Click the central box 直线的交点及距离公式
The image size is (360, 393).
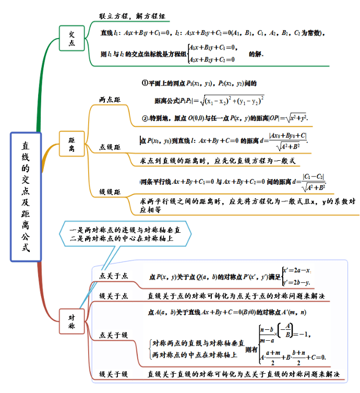click(x=26, y=196)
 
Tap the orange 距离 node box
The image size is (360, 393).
click(x=71, y=145)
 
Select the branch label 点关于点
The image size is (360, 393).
click(x=114, y=276)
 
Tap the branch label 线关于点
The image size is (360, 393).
click(x=114, y=296)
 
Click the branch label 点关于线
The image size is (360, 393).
click(x=114, y=335)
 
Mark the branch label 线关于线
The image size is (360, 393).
click(x=114, y=374)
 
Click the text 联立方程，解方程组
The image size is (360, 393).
click(x=133, y=16)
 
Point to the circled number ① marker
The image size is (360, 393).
click(x=145, y=83)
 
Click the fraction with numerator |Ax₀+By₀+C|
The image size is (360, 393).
click(x=287, y=141)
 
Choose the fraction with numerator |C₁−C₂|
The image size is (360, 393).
click(x=314, y=182)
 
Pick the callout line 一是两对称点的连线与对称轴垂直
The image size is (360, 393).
click(x=125, y=230)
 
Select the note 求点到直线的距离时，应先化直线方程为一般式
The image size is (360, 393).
click(x=219, y=161)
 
